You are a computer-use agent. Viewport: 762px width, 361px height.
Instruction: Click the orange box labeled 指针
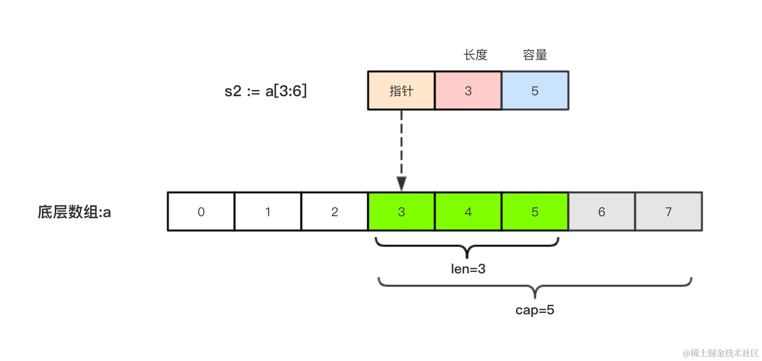pos(401,90)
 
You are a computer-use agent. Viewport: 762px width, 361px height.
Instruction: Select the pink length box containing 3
pos(468,90)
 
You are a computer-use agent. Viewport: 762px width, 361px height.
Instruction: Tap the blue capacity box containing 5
pos(535,90)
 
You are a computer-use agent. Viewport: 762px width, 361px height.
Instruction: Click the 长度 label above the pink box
pos(475,55)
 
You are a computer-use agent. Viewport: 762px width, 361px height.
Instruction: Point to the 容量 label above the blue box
pos(535,55)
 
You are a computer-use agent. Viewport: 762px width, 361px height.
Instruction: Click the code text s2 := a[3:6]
pos(266,90)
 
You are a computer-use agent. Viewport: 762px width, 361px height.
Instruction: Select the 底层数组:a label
pos(74,212)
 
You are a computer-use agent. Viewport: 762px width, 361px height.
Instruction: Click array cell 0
pos(201,212)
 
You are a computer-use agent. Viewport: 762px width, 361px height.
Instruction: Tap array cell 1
pos(268,212)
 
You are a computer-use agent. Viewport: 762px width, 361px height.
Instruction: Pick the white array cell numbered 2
pos(334,212)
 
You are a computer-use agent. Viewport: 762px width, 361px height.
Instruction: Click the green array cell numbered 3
pos(401,212)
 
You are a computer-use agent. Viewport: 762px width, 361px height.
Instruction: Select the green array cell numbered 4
pos(468,212)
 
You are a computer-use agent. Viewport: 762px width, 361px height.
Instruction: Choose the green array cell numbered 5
pos(535,212)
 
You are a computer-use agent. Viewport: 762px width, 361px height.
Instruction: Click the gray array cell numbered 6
pos(601,212)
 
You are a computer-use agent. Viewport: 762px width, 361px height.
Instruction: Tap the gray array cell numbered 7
pos(668,212)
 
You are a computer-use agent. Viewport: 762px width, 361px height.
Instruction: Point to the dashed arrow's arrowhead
pos(402,183)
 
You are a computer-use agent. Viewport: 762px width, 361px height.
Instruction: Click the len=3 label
pos(468,269)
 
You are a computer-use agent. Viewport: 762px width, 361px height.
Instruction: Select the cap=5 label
pos(535,310)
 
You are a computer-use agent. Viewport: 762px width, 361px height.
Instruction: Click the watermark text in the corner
pos(720,353)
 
